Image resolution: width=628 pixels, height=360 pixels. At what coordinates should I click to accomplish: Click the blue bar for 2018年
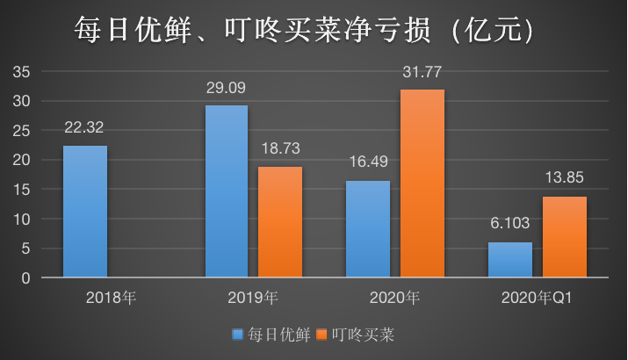[85, 212]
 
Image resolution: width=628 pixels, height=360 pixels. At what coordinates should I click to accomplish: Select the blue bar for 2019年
[227, 191]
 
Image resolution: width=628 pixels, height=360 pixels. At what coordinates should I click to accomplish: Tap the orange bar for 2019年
[280, 222]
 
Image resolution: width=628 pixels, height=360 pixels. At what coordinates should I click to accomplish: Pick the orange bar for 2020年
[422, 184]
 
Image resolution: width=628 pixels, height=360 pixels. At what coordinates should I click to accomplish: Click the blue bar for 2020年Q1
[510, 260]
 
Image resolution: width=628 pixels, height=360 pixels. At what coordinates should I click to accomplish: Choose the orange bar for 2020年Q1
[564, 237]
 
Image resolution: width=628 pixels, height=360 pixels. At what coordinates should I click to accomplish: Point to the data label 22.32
[85, 127]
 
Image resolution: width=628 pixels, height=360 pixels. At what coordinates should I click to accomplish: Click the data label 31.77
[422, 72]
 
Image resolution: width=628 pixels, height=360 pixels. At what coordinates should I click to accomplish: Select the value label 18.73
[280, 148]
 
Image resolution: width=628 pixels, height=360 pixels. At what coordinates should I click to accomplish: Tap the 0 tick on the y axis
[26, 278]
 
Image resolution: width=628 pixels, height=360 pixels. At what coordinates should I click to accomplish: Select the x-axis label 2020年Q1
[537, 297]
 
